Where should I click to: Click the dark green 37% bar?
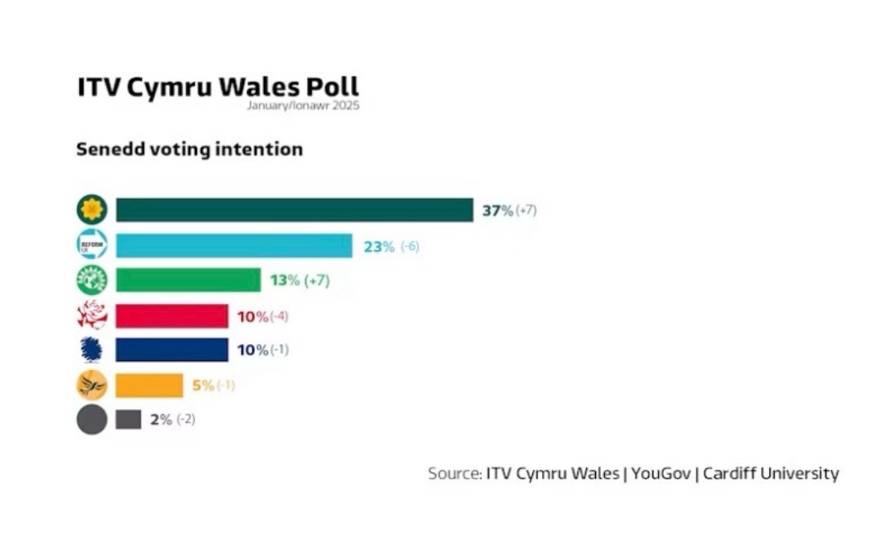pos(294,210)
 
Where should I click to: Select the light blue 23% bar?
pos(233,245)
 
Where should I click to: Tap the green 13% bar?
pos(188,280)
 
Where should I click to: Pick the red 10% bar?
pos(171,316)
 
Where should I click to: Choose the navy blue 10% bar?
pos(171,350)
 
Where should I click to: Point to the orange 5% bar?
pos(149,385)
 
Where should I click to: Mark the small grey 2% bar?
pos(128,420)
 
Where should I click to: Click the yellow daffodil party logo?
pos(91,210)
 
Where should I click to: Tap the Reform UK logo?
pos(91,245)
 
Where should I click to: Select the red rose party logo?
pos(91,316)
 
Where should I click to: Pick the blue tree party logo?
pos(91,350)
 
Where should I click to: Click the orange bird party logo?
pos(91,385)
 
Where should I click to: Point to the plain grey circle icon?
pos(91,420)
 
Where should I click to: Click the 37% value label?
pos(497,210)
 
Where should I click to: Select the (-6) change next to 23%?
pos(410,246)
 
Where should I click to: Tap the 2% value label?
pos(161,420)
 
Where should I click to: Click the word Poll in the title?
pos(332,87)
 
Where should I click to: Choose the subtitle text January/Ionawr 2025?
pos(302,105)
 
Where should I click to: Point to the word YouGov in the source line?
pos(659,474)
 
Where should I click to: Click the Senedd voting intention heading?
pos(189,150)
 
